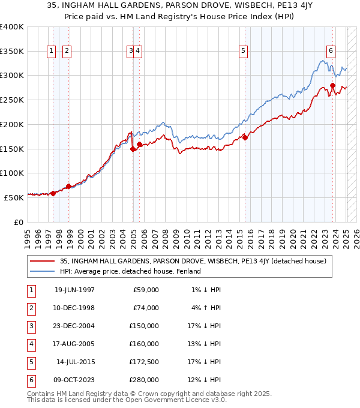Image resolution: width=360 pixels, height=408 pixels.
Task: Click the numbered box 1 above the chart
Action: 52,52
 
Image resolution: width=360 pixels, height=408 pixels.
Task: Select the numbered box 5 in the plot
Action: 243,52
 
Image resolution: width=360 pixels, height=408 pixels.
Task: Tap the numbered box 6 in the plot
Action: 331,52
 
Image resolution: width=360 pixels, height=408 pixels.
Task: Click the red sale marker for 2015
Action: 245,137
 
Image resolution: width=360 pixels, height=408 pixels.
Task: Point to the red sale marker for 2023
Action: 332,86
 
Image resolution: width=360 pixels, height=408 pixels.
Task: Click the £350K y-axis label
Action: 12,52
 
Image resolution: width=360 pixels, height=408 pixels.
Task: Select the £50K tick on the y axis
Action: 14,197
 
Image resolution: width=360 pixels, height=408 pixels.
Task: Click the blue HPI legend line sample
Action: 43,271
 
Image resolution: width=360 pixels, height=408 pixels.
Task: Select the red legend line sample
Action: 43,261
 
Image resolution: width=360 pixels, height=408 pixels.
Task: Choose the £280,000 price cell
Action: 144,380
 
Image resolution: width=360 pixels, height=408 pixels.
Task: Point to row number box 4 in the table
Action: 31,344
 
